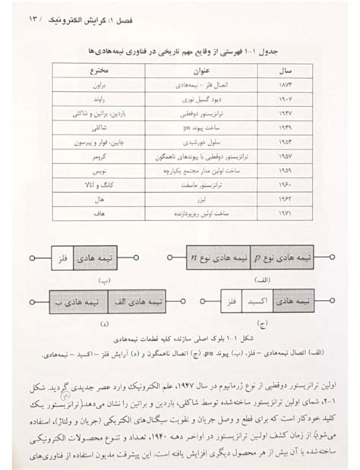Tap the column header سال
[x=274, y=70]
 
